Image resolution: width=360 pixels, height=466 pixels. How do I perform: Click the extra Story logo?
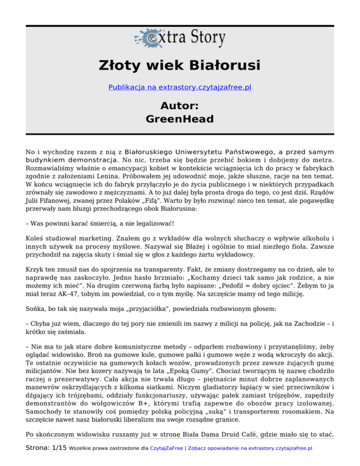(180, 37)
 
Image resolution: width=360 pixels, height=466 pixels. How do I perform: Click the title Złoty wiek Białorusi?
(180, 65)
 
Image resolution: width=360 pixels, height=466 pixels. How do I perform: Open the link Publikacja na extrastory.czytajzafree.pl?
(180, 87)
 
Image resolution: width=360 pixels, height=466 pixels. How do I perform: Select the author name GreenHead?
(180, 119)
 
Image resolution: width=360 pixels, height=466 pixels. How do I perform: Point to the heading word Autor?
(180, 105)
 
